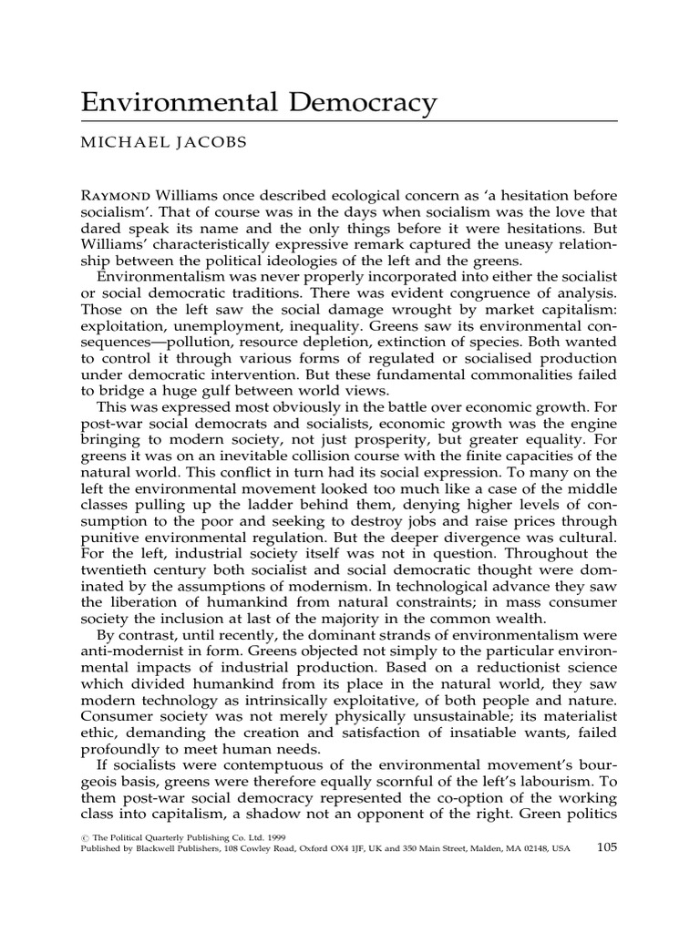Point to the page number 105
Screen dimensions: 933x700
(606, 846)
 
